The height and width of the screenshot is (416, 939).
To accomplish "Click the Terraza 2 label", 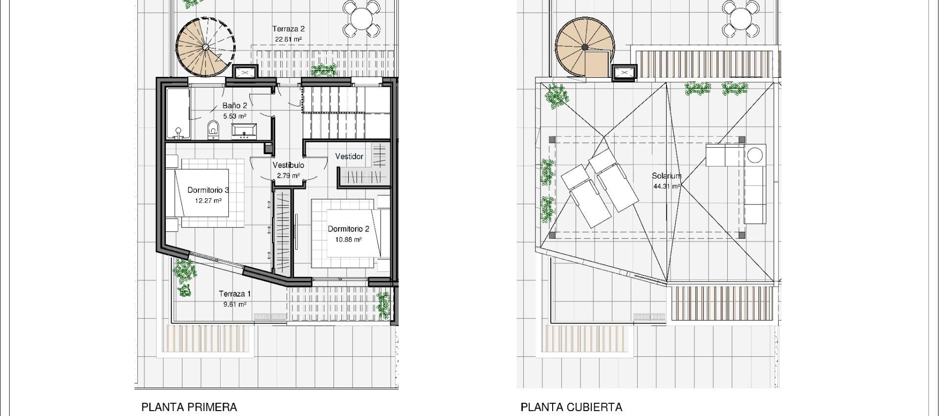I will point(289,29).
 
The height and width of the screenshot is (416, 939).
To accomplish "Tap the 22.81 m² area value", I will point(289,40).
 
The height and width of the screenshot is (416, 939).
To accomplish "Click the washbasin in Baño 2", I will point(243,131).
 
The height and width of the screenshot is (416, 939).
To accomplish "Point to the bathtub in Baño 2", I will point(177,114).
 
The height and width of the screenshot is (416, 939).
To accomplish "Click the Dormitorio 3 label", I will point(208,190).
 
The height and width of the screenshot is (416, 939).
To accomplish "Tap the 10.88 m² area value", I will point(348,240).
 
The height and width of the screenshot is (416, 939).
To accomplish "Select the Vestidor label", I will point(349,157).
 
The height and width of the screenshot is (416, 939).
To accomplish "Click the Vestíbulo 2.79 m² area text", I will point(288,176).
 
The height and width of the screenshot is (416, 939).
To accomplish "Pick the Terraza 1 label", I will point(235,294).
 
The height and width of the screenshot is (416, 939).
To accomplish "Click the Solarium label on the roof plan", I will point(666,176).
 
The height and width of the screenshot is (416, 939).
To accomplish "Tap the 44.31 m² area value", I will point(666,186).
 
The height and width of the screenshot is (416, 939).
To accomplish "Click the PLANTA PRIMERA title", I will point(189,407).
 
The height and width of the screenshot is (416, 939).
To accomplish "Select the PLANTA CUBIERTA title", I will point(571,407).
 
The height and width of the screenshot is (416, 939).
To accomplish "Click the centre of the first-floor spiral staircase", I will point(206,47).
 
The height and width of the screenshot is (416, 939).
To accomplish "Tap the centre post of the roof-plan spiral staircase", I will point(585,47).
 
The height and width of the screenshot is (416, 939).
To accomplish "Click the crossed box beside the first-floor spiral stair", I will point(245,72).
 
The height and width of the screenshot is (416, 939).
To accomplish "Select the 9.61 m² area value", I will point(235,304).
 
